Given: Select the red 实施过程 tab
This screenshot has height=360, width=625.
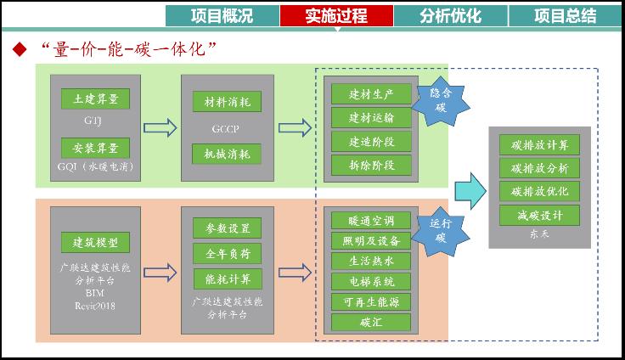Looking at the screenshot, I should [x=336, y=15].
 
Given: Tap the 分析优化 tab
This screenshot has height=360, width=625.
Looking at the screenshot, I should [x=450, y=15].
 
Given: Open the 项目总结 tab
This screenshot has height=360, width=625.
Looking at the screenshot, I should [x=565, y=15].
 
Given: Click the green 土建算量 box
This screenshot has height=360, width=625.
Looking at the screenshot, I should [x=94, y=99].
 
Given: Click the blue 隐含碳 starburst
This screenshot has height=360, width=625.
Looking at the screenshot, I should [x=440, y=100].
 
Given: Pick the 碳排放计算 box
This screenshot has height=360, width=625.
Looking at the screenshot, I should [x=540, y=143].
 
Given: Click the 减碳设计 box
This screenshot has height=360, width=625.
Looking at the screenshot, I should [x=540, y=215].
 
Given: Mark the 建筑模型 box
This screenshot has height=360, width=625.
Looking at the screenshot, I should [x=94, y=242].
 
